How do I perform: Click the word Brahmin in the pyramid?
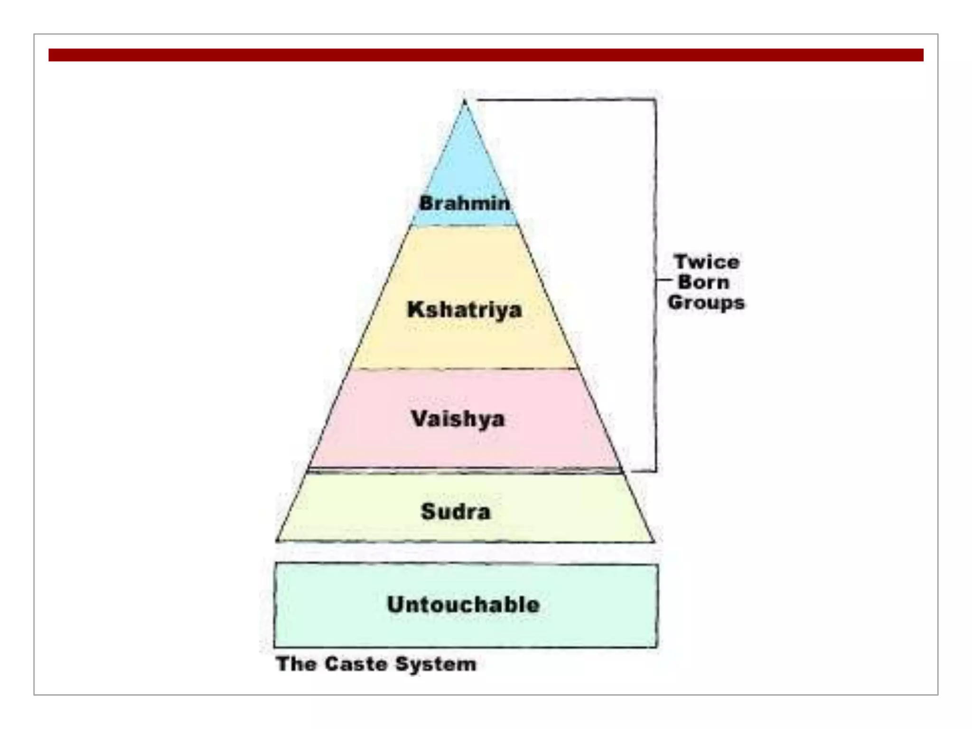[464, 203]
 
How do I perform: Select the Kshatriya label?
[464, 310]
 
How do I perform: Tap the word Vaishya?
[458, 419]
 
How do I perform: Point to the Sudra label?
[456, 511]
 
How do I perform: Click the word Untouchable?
[464, 604]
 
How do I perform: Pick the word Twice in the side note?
[707, 262]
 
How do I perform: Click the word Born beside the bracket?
[703, 282]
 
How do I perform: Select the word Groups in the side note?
[706, 302]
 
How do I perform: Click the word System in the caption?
[436, 664]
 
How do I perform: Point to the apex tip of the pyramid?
[465, 101]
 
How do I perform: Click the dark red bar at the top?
[486, 55]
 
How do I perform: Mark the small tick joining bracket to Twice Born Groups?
[663, 280]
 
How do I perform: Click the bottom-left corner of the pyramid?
[277, 541]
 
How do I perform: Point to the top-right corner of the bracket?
[656, 100]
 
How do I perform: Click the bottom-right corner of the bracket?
[656, 471]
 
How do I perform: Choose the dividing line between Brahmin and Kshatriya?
[464, 225]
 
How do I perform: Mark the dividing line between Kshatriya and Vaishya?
[464, 368]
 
